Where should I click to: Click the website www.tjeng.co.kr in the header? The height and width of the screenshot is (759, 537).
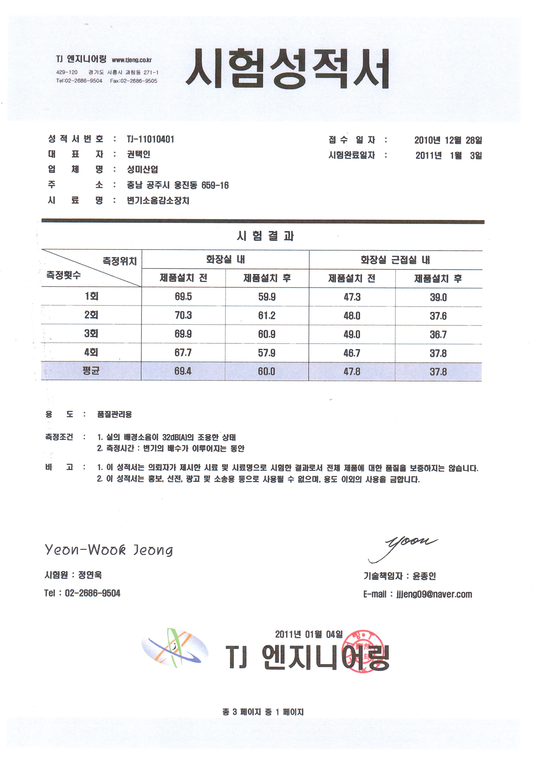pos(131,60)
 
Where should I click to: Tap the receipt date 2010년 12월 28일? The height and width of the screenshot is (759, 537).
pos(448,140)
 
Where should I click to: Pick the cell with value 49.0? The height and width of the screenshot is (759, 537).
pos(352,334)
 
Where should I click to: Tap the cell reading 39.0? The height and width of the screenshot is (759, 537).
pos(438,297)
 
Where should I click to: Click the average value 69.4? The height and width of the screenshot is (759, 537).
pos(183,371)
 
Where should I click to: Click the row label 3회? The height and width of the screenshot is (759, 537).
pos(91,334)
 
